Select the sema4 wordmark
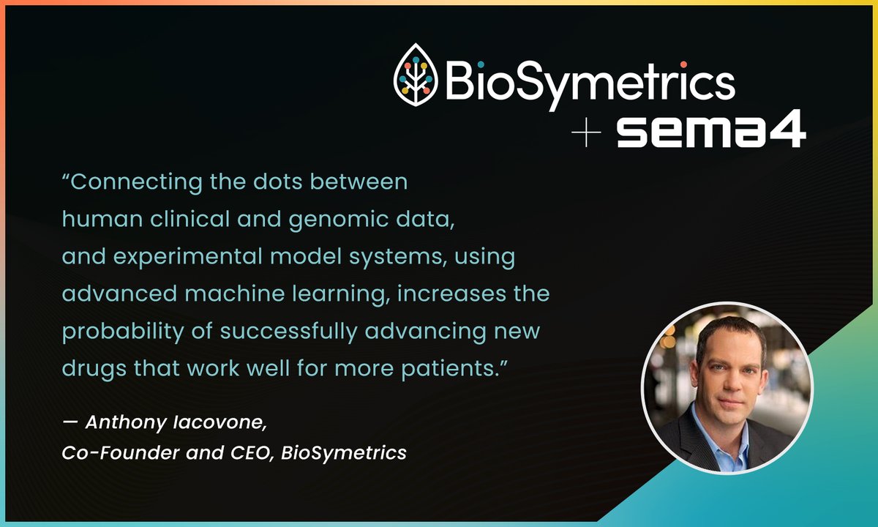point(710,133)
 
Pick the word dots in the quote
point(287,182)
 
